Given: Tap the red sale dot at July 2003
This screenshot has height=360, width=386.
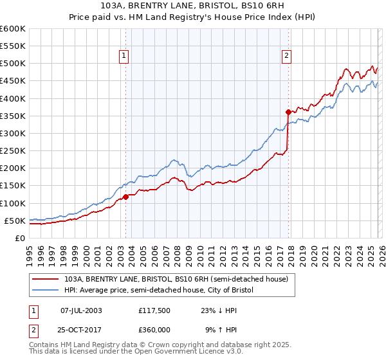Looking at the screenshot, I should point(126,197).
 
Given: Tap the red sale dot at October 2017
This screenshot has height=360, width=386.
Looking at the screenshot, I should point(288,112).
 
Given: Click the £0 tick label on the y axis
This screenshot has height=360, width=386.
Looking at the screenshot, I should point(19,238).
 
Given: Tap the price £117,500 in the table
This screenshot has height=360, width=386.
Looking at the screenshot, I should point(153,310).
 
